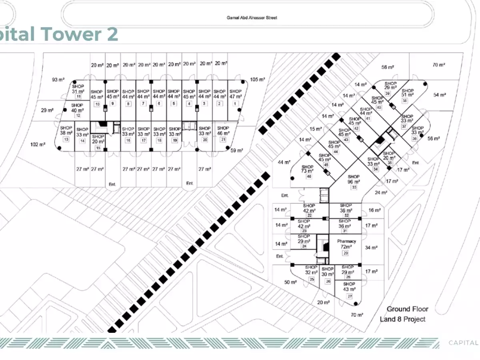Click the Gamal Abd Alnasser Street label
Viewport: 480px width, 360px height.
[x=252, y=18]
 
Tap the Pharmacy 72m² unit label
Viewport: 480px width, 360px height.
[x=346, y=244]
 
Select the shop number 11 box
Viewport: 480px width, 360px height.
[x=78, y=96]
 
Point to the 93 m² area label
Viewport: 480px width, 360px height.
[x=58, y=80]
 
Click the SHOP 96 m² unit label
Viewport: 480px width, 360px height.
[x=354, y=179]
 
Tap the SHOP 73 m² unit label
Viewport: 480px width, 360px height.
[x=308, y=169]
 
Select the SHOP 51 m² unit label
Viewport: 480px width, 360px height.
[x=408, y=93]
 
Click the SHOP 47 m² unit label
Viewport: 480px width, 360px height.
[x=235, y=94]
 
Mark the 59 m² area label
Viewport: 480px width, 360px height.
[x=237, y=150]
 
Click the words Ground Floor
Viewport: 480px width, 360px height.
[x=407, y=309]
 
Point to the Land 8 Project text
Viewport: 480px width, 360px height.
[x=402, y=319]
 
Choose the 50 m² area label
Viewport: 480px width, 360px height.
[x=290, y=282]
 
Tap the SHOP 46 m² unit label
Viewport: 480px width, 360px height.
[x=223, y=131]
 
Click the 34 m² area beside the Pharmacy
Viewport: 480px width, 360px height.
[x=371, y=248]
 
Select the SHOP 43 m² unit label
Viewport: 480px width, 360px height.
[x=349, y=287]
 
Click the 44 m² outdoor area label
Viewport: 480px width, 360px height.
[x=284, y=162]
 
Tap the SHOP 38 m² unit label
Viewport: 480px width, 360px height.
[x=66, y=130]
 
